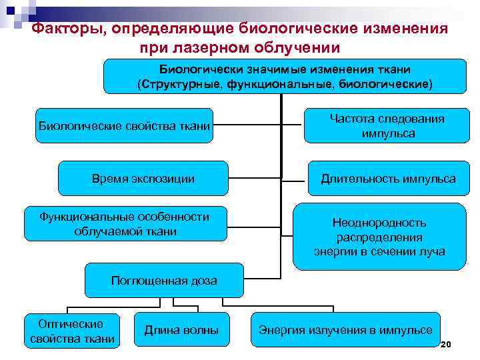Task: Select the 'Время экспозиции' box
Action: click(x=143, y=179)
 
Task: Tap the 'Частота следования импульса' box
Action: click(x=387, y=125)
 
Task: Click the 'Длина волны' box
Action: click(x=181, y=330)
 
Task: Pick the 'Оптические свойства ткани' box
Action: click(x=72, y=331)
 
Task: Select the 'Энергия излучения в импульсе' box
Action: click(x=345, y=330)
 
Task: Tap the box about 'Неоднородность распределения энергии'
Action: click(x=379, y=237)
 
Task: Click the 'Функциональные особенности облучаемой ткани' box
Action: click(x=124, y=224)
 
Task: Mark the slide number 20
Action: click(x=447, y=344)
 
